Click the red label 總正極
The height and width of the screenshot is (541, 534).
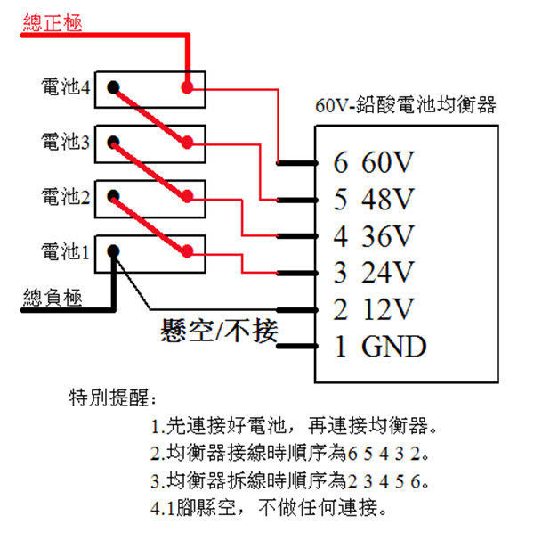(53, 23)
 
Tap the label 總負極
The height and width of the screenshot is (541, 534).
(53, 298)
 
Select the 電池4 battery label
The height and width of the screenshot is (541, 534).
(66, 86)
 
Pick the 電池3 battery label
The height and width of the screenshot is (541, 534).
(66, 141)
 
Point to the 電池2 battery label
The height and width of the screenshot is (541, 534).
(66, 196)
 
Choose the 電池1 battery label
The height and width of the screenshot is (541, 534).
(65, 251)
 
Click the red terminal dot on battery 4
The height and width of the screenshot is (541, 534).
(187, 87)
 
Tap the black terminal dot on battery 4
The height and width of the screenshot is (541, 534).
(113, 87)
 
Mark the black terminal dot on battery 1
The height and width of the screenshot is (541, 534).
(113, 251)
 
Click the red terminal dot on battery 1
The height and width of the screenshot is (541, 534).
(187, 251)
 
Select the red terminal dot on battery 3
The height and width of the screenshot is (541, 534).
(187, 142)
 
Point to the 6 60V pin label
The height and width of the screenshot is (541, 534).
(374, 162)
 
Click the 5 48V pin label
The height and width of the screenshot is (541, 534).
(374, 199)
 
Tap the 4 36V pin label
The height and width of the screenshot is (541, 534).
(374, 236)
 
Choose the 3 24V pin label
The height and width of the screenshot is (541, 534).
(374, 273)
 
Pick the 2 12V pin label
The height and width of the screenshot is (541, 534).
(374, 309)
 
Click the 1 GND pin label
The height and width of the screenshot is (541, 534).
(380, 346)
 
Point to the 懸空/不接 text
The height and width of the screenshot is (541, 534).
(219, 331)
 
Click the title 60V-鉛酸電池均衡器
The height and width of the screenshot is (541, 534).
(406, 104)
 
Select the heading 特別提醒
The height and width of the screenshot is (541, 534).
(113, 398)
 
